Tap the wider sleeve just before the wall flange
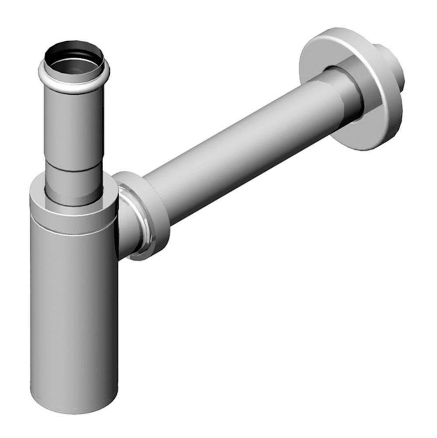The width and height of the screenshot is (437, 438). tap(346, 94)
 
